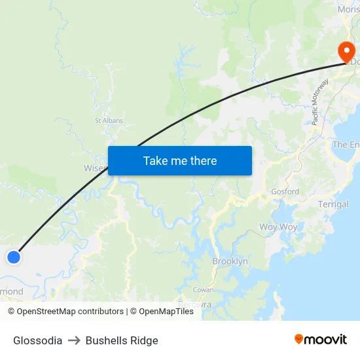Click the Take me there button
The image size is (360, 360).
point(180,160)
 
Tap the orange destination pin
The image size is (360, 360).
point(345,52)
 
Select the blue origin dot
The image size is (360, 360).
point(14,257)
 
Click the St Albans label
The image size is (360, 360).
point(109,120)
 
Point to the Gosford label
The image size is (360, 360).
point(285,192)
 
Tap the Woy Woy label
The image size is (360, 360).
point(278,227)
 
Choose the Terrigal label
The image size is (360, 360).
point(333,204)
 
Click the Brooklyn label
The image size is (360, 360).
point(230,261)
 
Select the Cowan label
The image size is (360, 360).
point(203,290)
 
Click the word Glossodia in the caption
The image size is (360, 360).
point(38,340)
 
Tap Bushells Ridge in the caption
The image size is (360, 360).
point(122,340)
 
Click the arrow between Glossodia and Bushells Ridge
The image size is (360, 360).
point(74,340)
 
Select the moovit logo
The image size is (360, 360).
point(321,339)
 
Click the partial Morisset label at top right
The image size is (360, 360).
point(348,9)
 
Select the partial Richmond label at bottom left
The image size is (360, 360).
point(12,292)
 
